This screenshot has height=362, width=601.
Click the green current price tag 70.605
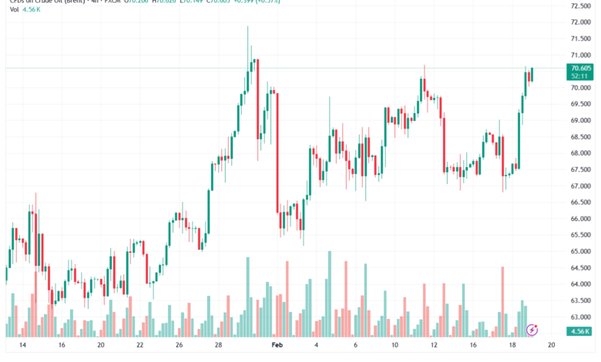[579, 69]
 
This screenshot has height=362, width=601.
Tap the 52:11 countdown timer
[579, 76]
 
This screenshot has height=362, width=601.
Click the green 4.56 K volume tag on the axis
[579, 331]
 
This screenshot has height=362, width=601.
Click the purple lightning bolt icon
[532, 330]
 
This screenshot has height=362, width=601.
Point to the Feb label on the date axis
[277, 347]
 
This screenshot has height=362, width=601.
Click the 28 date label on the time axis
[218, 347]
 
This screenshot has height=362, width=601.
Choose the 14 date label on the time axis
[22, 347]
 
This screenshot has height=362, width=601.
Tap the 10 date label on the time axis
[395, 347]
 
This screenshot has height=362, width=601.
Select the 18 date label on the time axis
[513, 347]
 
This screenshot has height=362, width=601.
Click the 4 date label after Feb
[317, 347]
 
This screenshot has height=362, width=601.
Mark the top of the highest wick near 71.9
[247, 27]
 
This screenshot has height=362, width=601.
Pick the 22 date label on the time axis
[139, 347]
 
